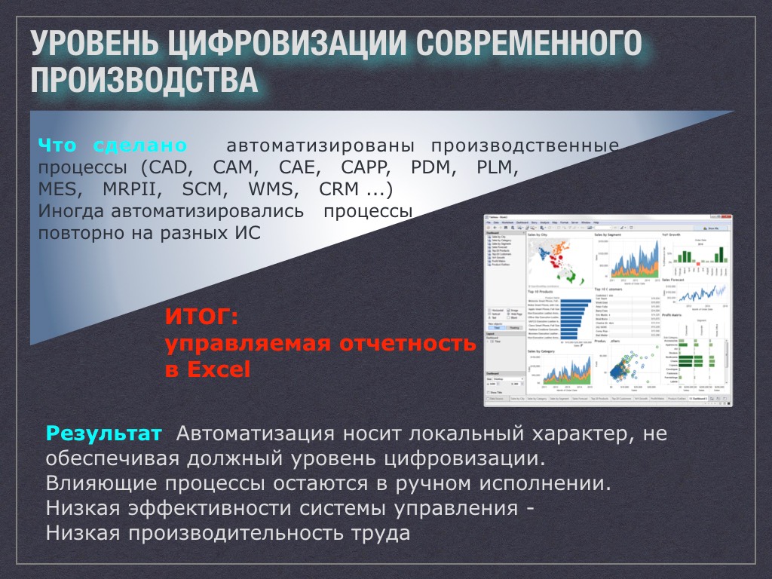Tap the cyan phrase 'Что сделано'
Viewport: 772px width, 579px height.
tap(113, 145)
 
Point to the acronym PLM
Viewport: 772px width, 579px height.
tap(497, 167)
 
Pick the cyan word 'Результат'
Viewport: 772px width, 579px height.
tap(104, 434)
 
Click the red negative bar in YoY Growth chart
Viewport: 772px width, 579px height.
tap(669, 272)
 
